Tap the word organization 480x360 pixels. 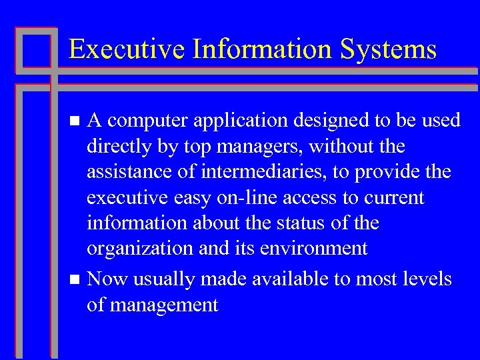[139, 249]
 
